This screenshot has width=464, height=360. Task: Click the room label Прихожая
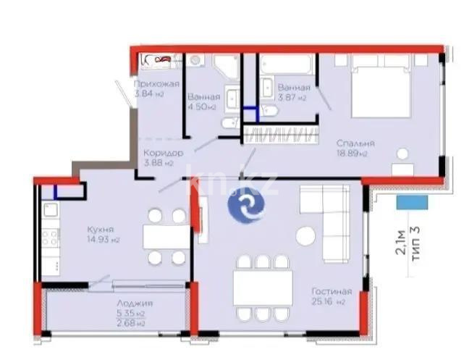(x=156, y=83)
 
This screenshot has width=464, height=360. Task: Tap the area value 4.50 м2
(x=202, y=106)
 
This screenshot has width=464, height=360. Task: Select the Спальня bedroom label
(x=353, y=143)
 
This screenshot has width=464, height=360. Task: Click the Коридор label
(x=162, y=153)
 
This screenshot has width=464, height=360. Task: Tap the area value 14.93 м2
(x=101, y=240)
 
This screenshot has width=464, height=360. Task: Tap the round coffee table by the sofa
(x=306, y=236)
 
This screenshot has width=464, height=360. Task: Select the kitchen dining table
(x=166, y=237)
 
